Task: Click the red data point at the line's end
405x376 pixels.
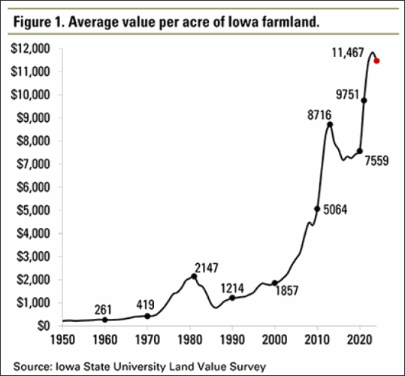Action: (376, 61)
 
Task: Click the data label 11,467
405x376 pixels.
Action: (349, 53)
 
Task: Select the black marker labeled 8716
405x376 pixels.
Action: (329, 124)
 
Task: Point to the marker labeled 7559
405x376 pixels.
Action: (359, 151)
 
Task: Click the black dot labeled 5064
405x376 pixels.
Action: (317, 208)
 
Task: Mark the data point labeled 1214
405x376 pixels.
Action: (232, 298)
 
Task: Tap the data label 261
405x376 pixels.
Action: (105, 310)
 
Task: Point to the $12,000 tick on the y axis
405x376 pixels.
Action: (29, 48)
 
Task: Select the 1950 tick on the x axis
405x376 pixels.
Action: (63, 340)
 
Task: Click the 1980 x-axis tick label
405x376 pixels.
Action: (190, 340)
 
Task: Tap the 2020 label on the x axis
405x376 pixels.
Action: (360, 340)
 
